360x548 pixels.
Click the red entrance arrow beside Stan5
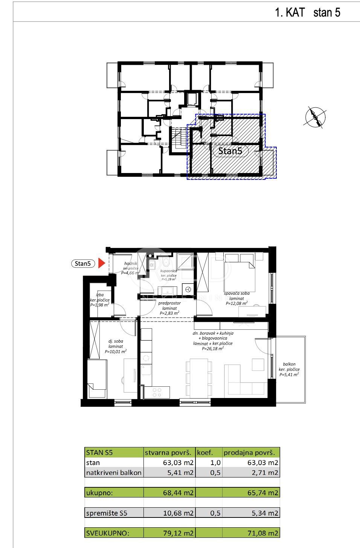[101, 263]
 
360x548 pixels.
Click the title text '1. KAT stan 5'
[308, 12]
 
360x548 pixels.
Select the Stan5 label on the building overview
[230, 151]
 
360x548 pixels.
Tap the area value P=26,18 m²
[213, 349]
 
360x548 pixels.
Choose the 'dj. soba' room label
[116, 341]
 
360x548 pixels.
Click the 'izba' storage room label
[100, 295]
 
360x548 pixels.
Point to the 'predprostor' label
[169, 303]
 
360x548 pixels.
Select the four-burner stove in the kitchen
[158, 392]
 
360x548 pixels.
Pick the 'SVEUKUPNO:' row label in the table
[108, 533]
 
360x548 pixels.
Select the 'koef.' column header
[205, 452]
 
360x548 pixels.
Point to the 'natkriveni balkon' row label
[114, 473]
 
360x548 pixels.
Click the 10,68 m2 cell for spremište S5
[181, 513]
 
